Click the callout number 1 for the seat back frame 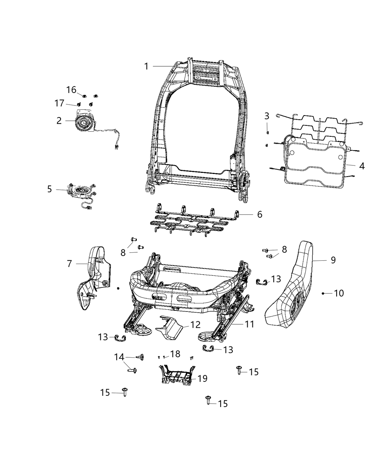[x=146, y=66]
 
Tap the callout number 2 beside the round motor [x=59, y=121]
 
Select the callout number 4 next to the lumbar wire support [x=361, y=166]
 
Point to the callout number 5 [x=50, y=189]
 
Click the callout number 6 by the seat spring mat [x=259, y=214]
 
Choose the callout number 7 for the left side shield [x=69, y=263]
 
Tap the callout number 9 [x=333, y=260]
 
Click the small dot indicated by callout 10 [x=323, y=293]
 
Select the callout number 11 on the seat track [x=249, y=324]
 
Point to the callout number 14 [x=119, y=357]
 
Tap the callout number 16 [x=71, y=90]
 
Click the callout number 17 [x=59, y=104]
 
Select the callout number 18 [x=175, y=354]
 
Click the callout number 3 [x=267, y=116]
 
